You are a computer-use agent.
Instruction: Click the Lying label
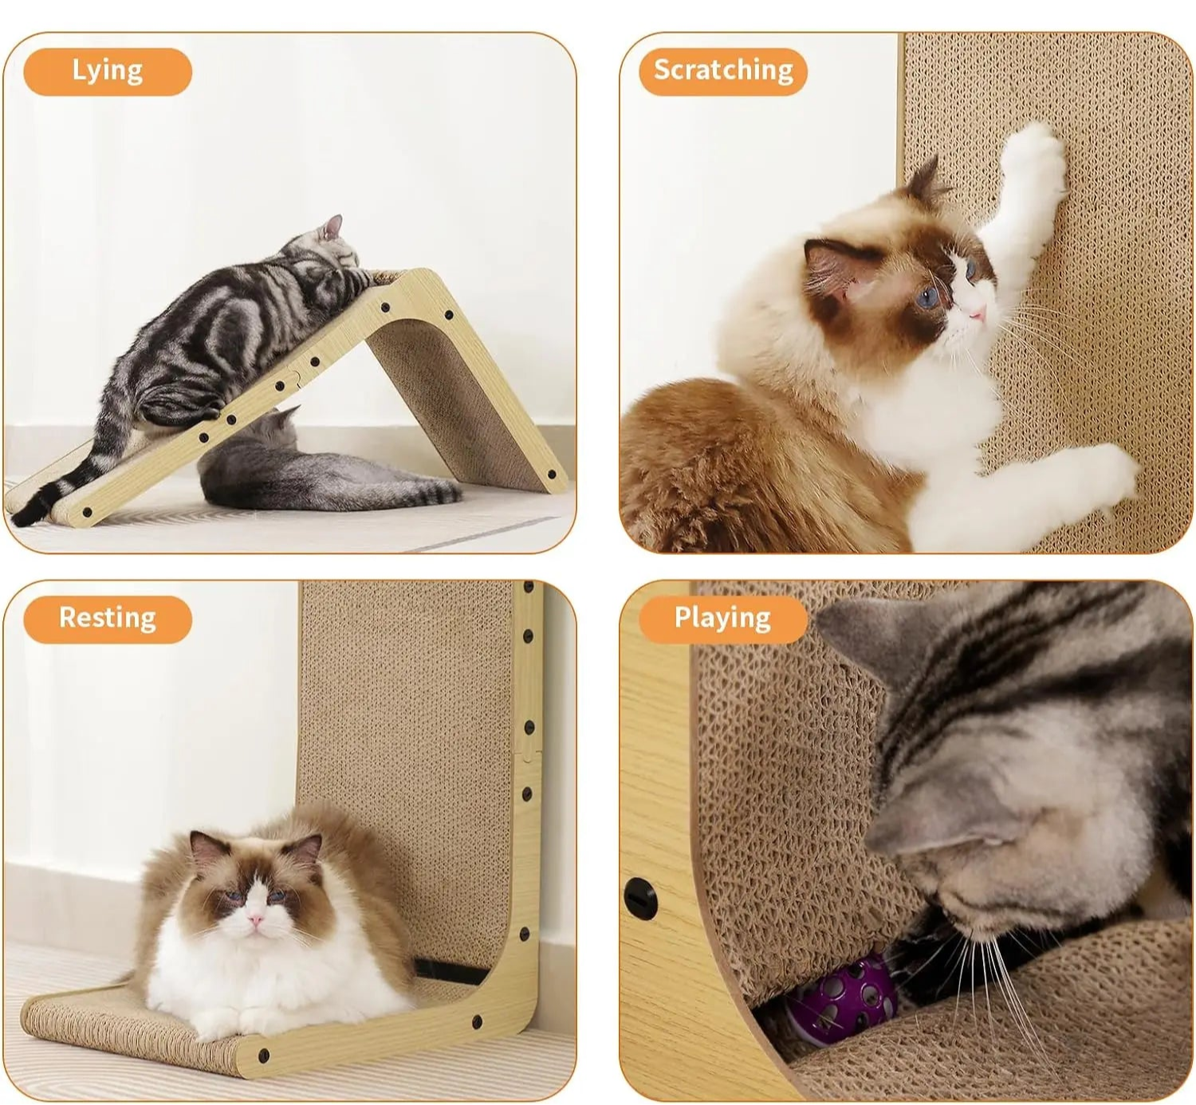point(108,71)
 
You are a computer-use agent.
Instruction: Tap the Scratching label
point(723,71)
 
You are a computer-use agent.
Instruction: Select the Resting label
point(108,619)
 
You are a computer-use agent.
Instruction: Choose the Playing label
point(722,619)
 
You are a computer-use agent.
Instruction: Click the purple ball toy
point(841,993)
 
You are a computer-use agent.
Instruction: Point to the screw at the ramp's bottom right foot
point(552,475)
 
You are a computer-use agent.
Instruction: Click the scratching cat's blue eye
point(927,299)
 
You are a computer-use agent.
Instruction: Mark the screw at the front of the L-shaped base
point(264,1056)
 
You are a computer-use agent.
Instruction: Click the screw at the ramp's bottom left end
point(86,512)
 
